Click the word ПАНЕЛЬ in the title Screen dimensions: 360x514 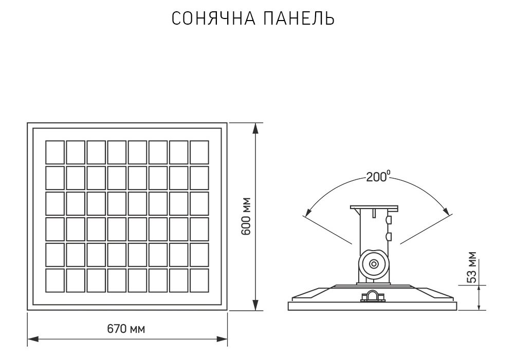click(x=299, y=18)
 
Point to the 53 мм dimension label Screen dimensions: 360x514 click(x=472, y=267)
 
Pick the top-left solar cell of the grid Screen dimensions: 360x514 click(x=55, y=151)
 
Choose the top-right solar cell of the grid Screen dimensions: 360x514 click(x=199, y=151)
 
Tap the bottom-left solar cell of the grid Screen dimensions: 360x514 click(x=55, y=280)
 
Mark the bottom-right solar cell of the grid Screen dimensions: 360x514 click(x=199, y=280)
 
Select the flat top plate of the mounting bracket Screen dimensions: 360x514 click(x=374, y=207)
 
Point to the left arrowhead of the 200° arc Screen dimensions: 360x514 click(x=307, y=212)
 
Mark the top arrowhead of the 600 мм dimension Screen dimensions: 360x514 click(x=255, y=128)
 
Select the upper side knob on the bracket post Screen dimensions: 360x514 click(x=388, y=220)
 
